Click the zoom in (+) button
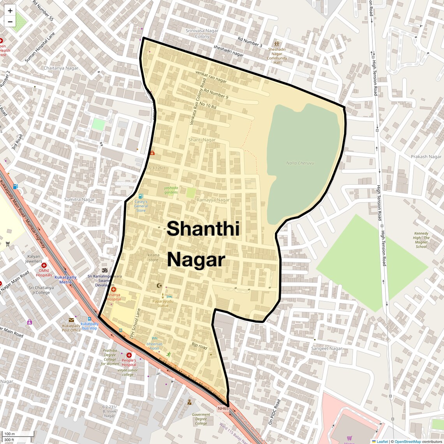tap(10, 11)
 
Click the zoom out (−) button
tap(10, 22)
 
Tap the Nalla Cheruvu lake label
tap(300, 163)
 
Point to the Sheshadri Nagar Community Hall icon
tap(277, 44)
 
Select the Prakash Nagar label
tap(426, 157)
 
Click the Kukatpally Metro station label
tap(65, 280)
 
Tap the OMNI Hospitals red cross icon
tap(44, 265)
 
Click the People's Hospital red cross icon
tap(129, 355)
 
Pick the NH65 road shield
tap(223, 409)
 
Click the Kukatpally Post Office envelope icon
tap(71, 320)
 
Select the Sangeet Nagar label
tap(326, 349)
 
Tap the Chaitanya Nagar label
tap(61, 68)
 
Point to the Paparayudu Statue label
tap(163, 303)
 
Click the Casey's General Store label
tap(141, 206)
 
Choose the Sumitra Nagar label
tap(79, 199)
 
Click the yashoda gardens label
tap(171, 190)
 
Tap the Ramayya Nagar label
tap(213, 200)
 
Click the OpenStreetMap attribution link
tap(407, 441)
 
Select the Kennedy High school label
tap(421, 240)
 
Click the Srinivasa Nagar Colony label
tap(202, 33)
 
